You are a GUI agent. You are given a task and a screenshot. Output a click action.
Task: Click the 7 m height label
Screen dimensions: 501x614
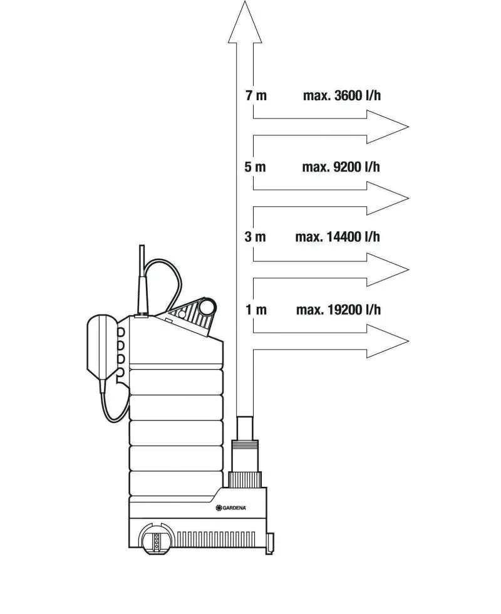click(x=256, y=95)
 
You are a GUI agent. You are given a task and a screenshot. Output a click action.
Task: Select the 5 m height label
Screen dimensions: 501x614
click(x=256, y=167)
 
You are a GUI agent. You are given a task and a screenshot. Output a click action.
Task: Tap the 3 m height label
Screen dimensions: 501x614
click(x=256, y=237)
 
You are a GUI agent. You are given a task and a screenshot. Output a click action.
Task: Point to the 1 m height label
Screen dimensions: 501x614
click(x=256, y=310)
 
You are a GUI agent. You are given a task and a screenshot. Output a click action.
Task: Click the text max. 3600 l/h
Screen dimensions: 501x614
click(x=342, y=95)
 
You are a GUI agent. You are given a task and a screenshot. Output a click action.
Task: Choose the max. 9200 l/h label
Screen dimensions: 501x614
click(x=341, y=167)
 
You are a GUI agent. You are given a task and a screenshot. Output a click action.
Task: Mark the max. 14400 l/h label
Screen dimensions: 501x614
click(x=338, y=237)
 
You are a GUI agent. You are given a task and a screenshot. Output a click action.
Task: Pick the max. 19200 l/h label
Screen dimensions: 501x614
click(x=338, y=310)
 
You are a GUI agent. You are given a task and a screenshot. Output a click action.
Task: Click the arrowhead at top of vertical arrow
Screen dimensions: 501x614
click(x=245, y=21)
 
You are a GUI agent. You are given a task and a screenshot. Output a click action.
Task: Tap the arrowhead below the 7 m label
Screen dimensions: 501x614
click(x=388, y=127)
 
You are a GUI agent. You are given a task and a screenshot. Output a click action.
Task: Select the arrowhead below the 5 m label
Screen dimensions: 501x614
click(x=388, y=198)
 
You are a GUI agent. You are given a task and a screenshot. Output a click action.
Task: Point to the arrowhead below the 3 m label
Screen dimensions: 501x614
click(x=388, y=270)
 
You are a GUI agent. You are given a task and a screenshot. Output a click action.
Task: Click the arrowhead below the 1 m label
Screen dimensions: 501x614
click(x=388, y=341)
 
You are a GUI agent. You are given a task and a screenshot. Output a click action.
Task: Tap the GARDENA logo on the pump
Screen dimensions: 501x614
click(x=231, y=508)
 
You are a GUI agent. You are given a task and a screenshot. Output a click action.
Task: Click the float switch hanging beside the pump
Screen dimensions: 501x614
click(x=102, y=343)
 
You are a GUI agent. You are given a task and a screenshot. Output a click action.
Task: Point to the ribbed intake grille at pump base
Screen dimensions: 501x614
click(x=216, y=539)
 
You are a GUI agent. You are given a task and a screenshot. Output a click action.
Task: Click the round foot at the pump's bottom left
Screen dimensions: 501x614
click(x=157, y=539)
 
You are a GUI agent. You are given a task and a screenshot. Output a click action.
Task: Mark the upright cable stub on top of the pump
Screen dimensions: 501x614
click(x=142, y=280)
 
